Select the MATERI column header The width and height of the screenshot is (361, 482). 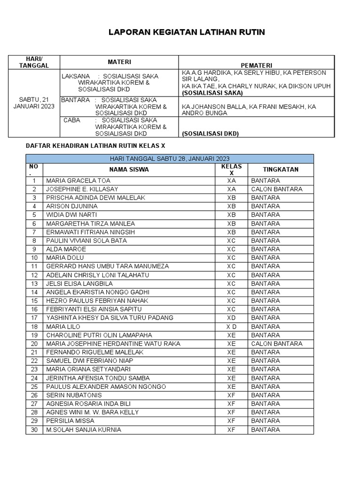click(119, 62)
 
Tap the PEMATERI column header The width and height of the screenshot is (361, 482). click(256, 65)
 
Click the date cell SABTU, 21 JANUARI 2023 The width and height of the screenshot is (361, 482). click(34, 103)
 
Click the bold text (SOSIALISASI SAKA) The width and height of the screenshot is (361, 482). click(209, 93)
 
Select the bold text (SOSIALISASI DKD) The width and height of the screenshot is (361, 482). click(210, 134)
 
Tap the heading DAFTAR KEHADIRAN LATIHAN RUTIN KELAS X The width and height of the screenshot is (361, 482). click(95, 146)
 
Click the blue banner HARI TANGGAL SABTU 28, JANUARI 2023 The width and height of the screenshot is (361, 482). click(169, 159)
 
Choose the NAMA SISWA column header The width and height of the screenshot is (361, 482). click(129, 169)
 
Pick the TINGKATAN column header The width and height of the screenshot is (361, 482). click(281, 169)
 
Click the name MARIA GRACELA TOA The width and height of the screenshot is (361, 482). click(78, 180)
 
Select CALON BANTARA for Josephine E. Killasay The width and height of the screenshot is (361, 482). click(276, 189)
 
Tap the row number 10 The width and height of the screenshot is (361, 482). click(34, 258)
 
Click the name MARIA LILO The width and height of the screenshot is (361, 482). click(63, 326)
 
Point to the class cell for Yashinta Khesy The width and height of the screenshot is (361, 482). click(231, 318)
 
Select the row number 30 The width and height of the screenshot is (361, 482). click(34, 429)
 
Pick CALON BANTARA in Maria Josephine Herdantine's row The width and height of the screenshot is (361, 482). click(276, 344)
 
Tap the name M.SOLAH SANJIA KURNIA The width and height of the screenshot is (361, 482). click(83, 429)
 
